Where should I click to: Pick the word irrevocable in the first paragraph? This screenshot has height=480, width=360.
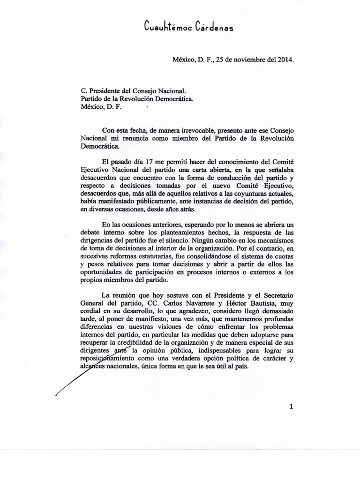pyautogui.click(x=191, y=129)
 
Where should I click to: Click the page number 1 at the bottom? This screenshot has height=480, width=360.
pyautogui.click(x=291, y=407)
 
